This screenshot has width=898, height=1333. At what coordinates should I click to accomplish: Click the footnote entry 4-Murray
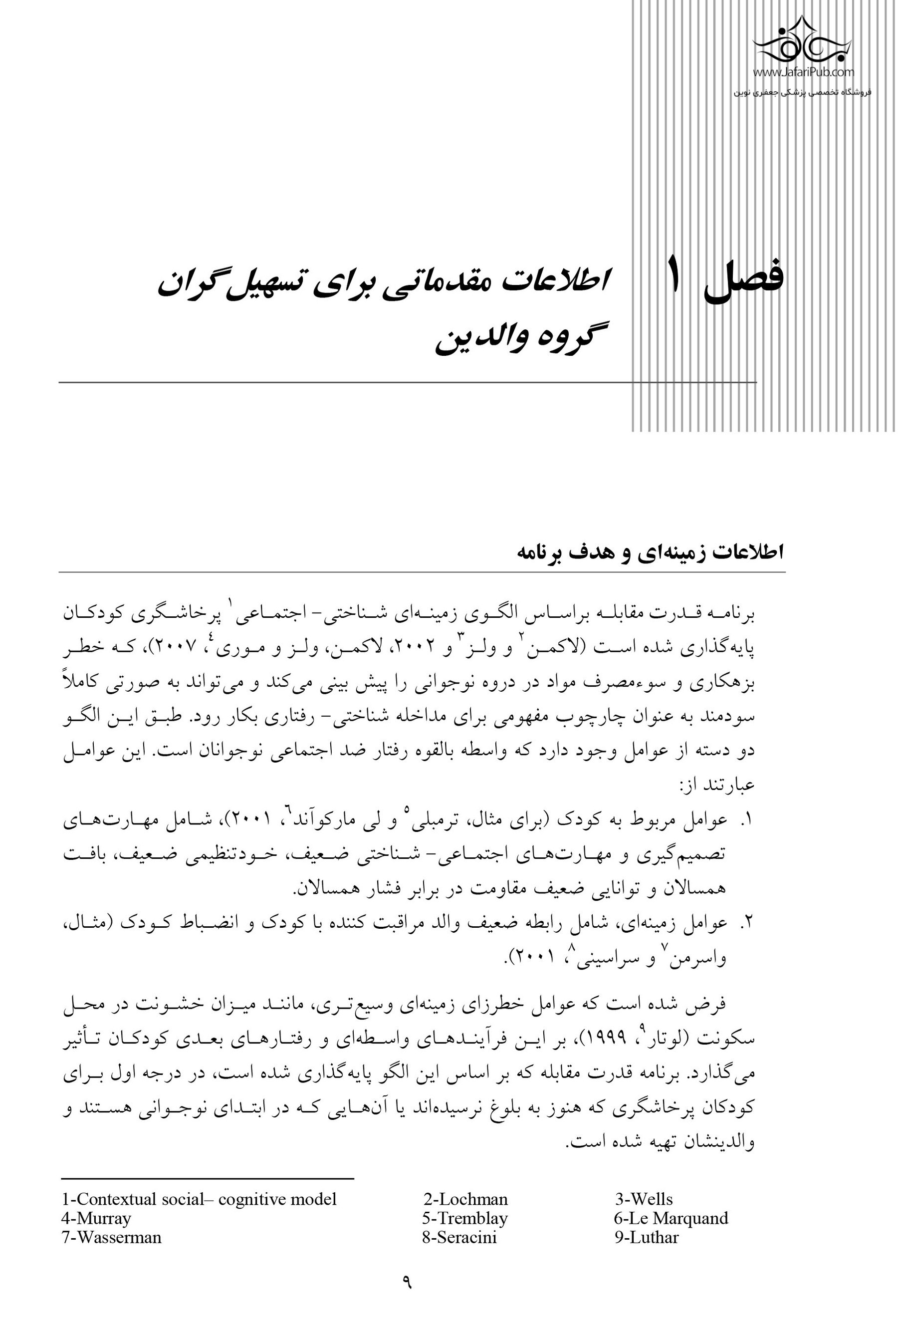pos(96,1218)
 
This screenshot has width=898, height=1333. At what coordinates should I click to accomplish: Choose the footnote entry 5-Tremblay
pos(465,1218)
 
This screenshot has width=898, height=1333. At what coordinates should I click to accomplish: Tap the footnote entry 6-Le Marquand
pos(671,1218)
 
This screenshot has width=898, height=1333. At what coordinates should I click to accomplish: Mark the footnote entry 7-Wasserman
pos(111,1237)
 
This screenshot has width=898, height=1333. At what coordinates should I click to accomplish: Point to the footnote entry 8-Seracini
pos(459,1237)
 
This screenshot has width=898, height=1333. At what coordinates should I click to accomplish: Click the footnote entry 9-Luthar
pos(646,1237)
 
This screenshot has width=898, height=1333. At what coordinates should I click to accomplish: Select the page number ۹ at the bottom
pos(407,1282)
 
